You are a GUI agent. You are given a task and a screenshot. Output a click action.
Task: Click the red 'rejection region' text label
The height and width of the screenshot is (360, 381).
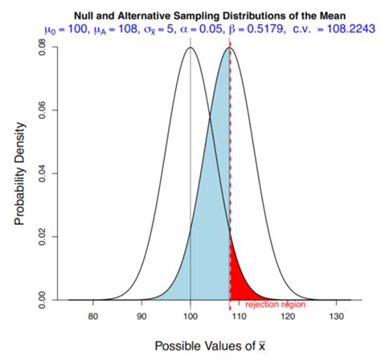pos(274,305)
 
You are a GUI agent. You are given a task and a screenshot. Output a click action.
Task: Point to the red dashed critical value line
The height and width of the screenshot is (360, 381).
pos(231,161)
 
